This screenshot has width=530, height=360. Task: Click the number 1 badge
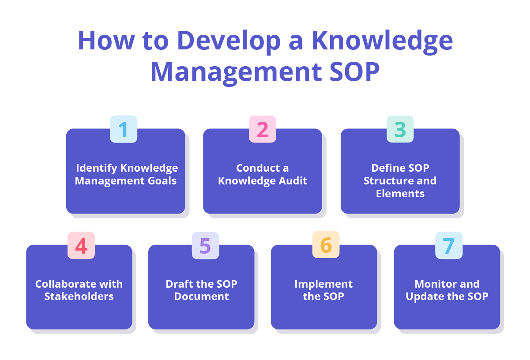pos(124,129)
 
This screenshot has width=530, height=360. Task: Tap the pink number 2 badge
pos(263,129)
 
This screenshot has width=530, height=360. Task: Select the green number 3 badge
pos(400,129)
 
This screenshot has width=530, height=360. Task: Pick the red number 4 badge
pos(81,246)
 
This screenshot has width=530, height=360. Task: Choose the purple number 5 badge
pos(205,246)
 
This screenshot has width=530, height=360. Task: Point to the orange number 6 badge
pos(326,245)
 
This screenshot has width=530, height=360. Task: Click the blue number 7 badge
pos(449,246)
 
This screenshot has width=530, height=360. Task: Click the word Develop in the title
pos(228,41)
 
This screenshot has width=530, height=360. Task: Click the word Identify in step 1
pos(97,168)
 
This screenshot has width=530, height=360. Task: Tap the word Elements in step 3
pos(400,193)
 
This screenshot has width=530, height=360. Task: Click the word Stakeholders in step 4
pos(79,296)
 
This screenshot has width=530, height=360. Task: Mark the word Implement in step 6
pos(323,284)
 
